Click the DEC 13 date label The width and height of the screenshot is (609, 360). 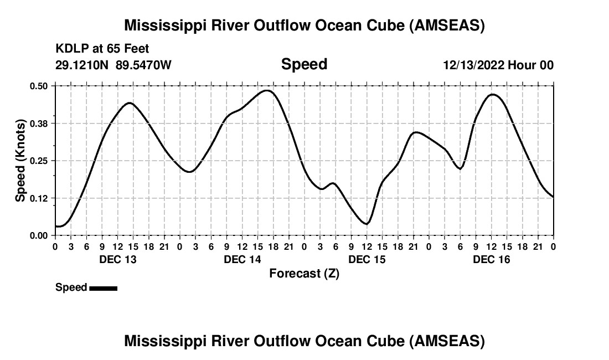coord(117,259)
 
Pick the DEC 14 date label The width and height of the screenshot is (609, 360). coord(242,259)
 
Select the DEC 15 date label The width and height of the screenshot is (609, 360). coord(367,259)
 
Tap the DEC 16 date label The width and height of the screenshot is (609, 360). coord(492,259)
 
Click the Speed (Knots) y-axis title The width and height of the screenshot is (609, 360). coord(20,161)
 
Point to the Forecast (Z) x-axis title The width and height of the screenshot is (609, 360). coord(304,273)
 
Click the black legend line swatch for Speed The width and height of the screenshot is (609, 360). coord(103,288)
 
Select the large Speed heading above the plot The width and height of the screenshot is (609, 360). coord(304,64)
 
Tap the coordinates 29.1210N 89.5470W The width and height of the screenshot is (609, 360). coord(113,65)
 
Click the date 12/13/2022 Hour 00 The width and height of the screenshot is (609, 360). coord(498,65)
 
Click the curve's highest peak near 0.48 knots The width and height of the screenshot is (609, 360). coord(268,90)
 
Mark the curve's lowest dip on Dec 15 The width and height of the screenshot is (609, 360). coord(367,224)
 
